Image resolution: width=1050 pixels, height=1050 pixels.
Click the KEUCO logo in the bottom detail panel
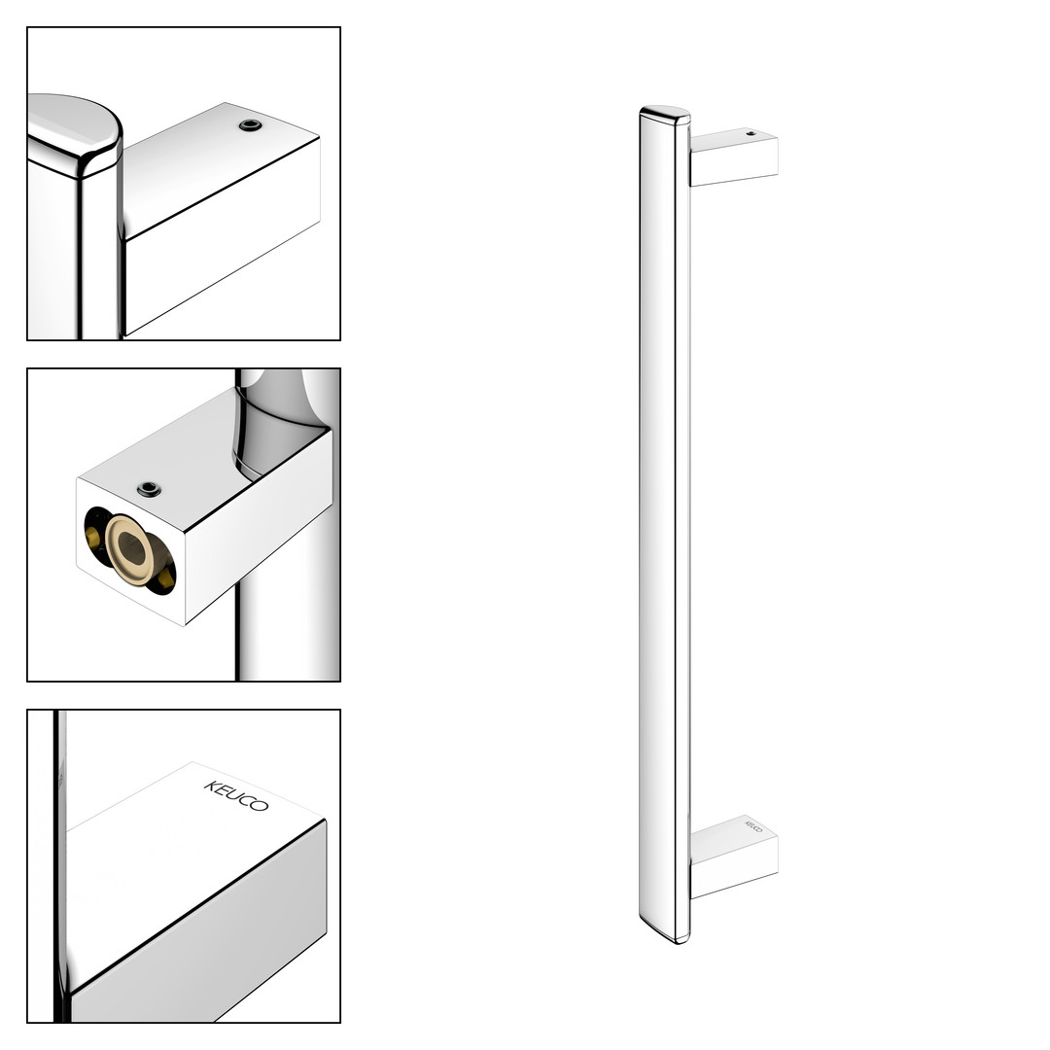236,795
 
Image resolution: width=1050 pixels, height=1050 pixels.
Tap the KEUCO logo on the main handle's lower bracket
754,825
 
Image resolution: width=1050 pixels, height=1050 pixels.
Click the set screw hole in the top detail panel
250,125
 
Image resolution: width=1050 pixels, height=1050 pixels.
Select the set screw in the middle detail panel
149,489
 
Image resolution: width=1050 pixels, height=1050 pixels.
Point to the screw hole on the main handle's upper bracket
751,133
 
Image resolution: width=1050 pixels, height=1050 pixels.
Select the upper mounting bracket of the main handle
734,157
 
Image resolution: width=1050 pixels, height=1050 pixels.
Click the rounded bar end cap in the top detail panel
74,134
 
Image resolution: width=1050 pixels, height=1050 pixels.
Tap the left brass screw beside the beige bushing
91,537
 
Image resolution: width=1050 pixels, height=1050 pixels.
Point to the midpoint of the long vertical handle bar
664,525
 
